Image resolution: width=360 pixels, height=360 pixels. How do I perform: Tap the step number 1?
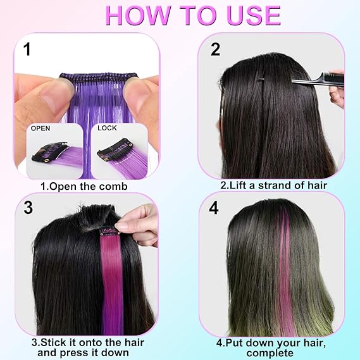coord(27,49)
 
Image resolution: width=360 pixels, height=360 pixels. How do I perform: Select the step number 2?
coord(215,49)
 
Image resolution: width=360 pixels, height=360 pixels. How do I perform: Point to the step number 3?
coord(28,208)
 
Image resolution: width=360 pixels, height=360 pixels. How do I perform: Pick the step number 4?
coord(214,208)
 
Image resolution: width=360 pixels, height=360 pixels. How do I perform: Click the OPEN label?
coord(40,128)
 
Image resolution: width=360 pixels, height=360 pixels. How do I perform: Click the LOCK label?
coord(107,128)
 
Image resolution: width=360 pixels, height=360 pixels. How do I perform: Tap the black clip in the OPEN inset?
coord(50,152)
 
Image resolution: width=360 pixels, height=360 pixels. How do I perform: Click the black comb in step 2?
coord(318,80)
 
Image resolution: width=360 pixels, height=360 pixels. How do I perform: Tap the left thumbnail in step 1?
coord(54,151)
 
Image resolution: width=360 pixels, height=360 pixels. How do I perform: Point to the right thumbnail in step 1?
coord(120,151)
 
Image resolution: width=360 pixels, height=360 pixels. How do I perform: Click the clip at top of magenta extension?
coord(108,231)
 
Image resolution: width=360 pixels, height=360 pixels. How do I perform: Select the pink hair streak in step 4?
coord(285,271)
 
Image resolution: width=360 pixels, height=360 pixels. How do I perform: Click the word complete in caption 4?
coord(270,353)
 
